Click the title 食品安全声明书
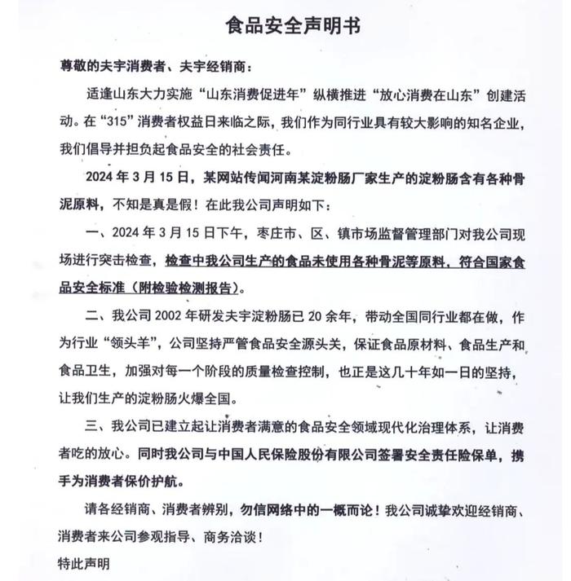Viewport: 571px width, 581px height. click(x=293, y=25)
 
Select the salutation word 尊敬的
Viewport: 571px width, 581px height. click(x=80, y=65)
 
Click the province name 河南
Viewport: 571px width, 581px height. click(x=318, y=177)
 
